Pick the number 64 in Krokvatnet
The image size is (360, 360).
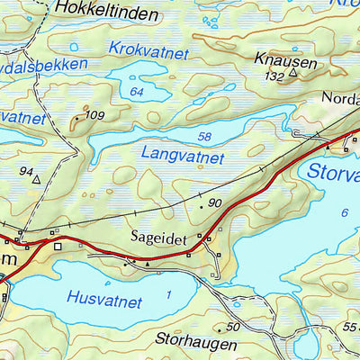coord(137,92)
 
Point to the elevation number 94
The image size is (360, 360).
coord(26,171)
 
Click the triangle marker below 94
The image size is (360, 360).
coord(36,180)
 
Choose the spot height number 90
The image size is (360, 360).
coord(214,204)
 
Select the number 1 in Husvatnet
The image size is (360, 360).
coord(168,294)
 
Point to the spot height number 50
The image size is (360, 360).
coord(234,326)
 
